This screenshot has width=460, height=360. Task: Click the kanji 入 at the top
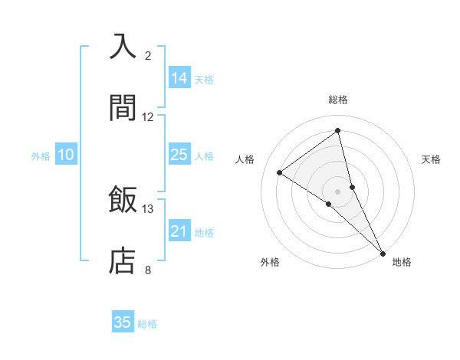[123, 47]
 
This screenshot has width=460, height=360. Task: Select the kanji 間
[123, 108]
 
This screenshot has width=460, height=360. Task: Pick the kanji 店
[123, 261]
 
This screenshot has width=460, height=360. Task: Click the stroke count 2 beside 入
[148, 56]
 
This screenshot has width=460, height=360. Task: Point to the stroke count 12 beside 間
[148, 117]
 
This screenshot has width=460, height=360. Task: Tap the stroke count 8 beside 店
[148, 270]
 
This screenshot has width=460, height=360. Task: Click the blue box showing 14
[179, 78]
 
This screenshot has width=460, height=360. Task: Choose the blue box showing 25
[179, 155]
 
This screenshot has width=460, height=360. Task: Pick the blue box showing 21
[179, 231]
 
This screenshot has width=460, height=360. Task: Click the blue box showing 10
[66, 155]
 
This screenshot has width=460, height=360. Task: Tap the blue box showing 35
[123, 322]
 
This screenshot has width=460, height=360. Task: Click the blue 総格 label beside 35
[147, 324]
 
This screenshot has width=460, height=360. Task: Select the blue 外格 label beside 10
[41, 156]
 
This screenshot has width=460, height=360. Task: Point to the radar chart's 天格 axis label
[431, 159]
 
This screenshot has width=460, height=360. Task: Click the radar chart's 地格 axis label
[402, 262]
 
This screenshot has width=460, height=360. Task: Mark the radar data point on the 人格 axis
[279, 173]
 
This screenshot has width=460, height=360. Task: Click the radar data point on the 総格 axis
[338, 130]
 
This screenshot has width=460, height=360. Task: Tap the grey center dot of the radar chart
[338, 191]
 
